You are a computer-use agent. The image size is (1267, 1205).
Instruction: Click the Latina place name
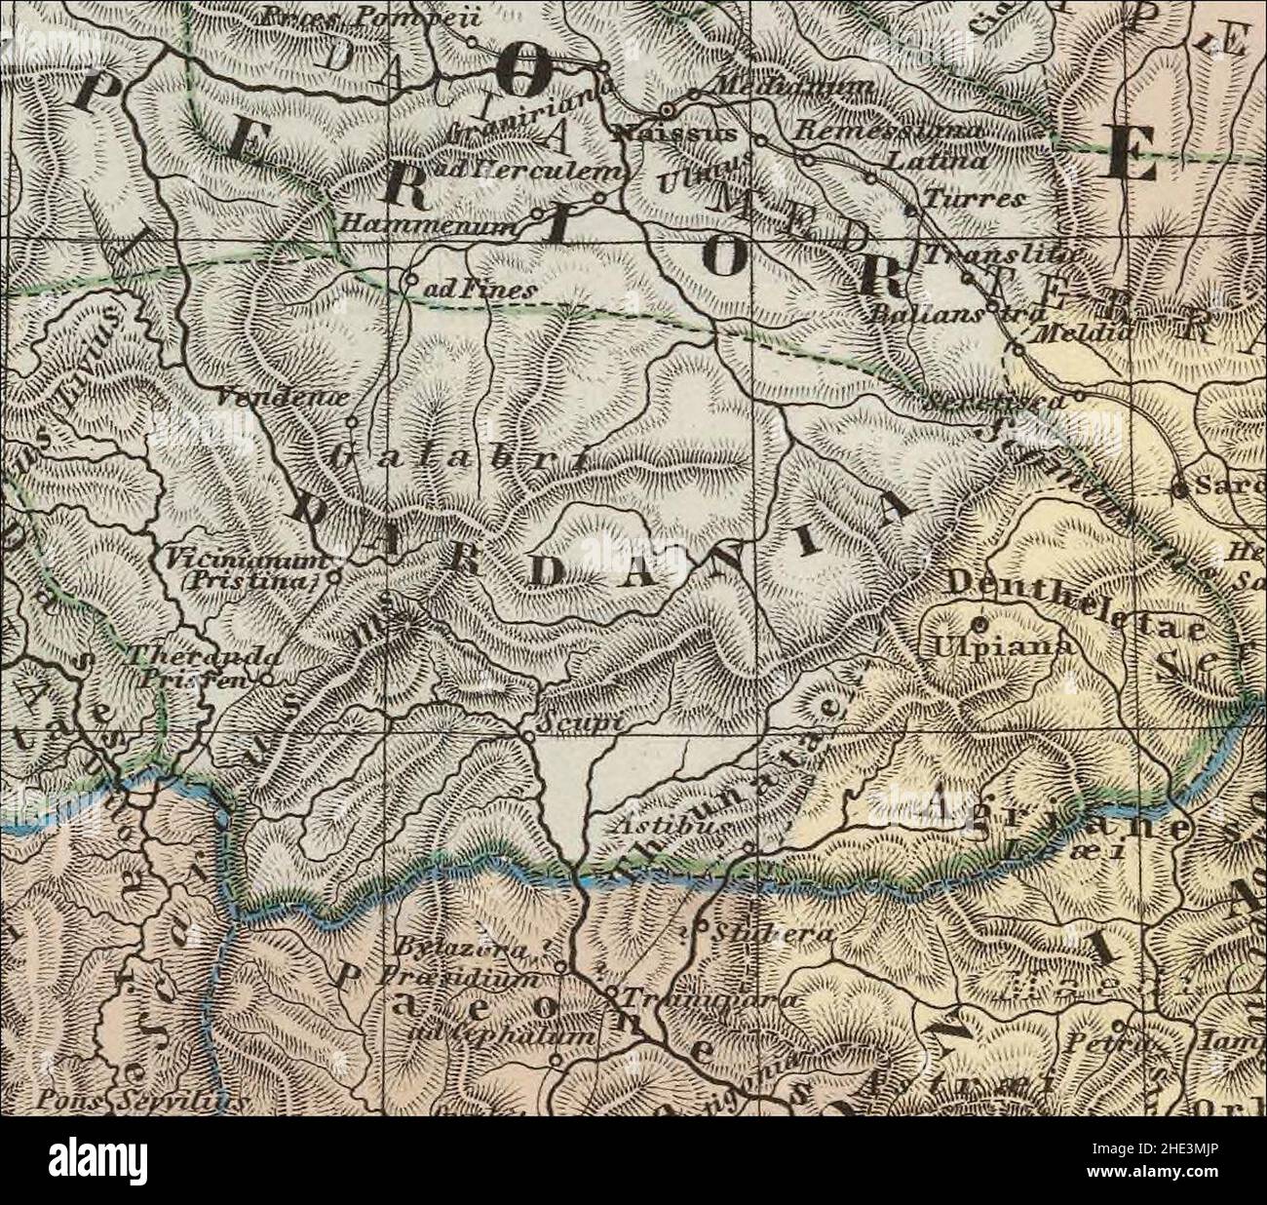(x=941, y=160)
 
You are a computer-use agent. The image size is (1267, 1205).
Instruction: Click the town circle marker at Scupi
(x=526, y=732)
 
